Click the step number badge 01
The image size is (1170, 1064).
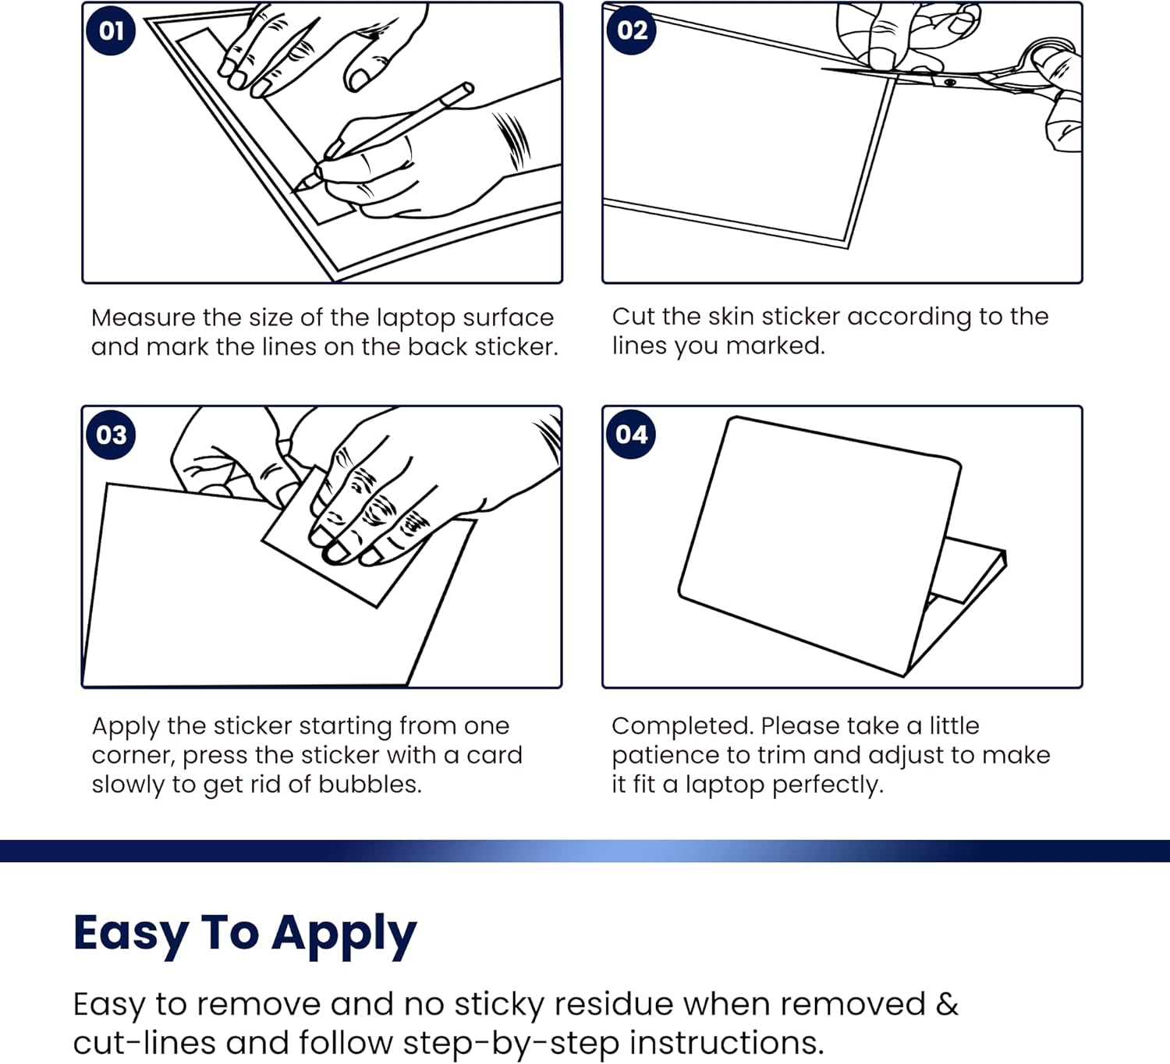(111, 31)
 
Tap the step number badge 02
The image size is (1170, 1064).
(632, 31)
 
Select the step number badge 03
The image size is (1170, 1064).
(111, 434)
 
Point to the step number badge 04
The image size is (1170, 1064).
(631, 434)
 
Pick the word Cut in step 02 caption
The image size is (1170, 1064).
(633, 317)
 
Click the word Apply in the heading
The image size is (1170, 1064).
(344, 934)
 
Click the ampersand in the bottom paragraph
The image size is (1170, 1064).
(947, 1004)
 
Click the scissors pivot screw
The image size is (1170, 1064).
(949, 82)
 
